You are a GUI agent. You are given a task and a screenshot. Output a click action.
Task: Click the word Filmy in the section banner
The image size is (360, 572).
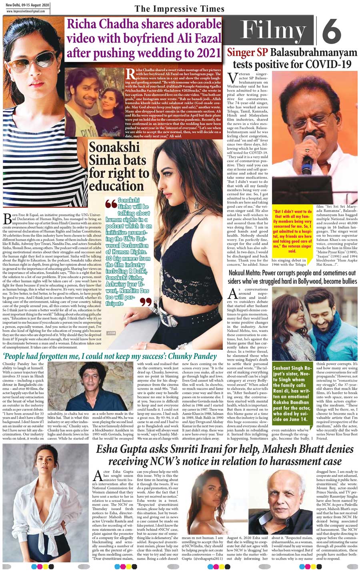pyautogui.click(x=273, y=30)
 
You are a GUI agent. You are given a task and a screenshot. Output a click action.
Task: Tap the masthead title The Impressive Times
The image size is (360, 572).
pyautogui.click(x=180, y=9)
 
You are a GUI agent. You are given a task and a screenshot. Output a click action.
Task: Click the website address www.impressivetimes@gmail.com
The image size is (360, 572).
pyautogui.click(x=26, y=11)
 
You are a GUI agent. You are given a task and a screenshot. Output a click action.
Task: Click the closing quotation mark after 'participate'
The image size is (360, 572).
pyautogui.click(x=146, y=301)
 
